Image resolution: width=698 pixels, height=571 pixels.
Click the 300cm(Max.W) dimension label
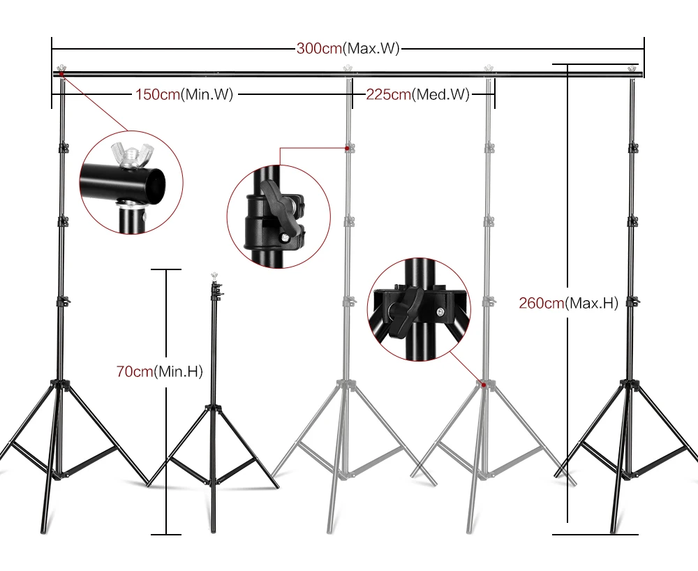(x=348, y=49)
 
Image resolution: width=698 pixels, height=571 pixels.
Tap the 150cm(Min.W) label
(x=184, y=94)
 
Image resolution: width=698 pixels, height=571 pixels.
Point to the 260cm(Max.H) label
(x=568, y=303)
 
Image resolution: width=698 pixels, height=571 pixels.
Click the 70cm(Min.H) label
(x=159, y=372)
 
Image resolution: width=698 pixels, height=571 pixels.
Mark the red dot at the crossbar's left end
(x=61, y=73)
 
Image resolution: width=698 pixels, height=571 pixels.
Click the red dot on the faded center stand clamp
(x=348, y=148)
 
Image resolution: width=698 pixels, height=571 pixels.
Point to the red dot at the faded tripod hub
(x=482, y=383)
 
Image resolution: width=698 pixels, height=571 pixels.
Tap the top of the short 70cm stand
(x=213, y=276)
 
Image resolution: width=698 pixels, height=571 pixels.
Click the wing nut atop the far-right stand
(x=633, y=67)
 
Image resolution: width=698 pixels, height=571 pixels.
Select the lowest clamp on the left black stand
(x=64, y=302)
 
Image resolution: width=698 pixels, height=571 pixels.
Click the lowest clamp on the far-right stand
(x=633, y=302)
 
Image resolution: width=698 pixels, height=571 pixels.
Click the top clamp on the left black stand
(x=64, y=147)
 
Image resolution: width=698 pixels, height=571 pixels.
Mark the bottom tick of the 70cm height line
(x=165, y=534)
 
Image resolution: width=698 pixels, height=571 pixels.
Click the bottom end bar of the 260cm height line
(x=597, y=534)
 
